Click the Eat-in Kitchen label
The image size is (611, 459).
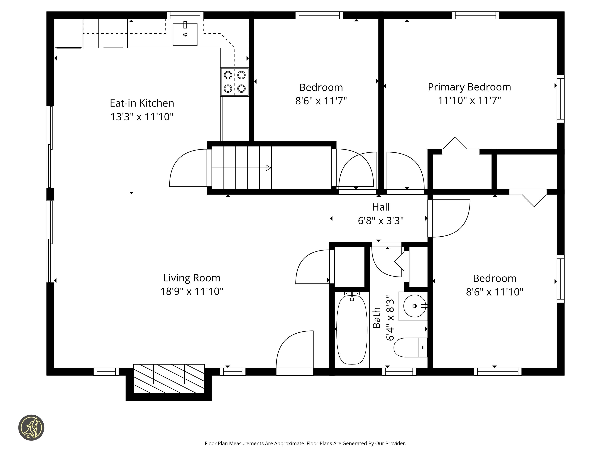(x=142, y=103)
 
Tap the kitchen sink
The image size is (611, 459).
(x=185, y=34)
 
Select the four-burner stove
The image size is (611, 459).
(x=234, y=82)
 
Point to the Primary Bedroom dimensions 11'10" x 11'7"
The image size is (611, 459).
(x=469, y=100)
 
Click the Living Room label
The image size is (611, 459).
(x=192, y=278)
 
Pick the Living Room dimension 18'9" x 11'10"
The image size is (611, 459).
(x=192, y=291)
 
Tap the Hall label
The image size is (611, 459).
(x=381, y=207)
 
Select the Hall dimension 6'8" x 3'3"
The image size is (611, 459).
(x=381, y=221)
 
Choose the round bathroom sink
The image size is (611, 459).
(x=414, y=306)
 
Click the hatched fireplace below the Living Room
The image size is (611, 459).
(x=169, y=378)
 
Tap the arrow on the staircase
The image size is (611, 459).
(x=241, y=168)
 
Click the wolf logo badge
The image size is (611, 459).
(x=31, y=427)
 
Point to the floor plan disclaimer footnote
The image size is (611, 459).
(x=305, y=444)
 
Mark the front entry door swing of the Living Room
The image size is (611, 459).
(x=294, y=349)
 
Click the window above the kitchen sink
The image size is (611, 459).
(x=185, y=15)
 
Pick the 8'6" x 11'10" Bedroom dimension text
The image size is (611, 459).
(x=495, y=292)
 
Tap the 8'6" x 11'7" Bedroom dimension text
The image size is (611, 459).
(x=321, y=101)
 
